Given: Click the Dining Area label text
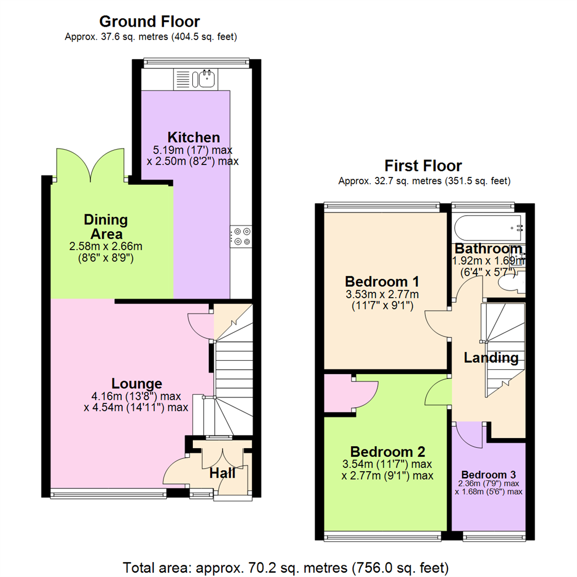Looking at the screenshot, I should coord(106,227).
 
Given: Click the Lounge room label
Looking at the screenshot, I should coord(137,383).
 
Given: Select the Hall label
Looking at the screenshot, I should coord(222,472).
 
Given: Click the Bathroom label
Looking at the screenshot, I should coord(488,249).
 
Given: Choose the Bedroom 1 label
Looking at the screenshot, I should coord(381,281).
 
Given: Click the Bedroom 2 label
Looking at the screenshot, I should coord(387,450).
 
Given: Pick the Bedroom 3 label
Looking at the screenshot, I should coord(488,475).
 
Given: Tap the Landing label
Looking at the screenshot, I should coord(491,357).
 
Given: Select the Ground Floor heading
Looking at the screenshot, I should coord(150,21).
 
